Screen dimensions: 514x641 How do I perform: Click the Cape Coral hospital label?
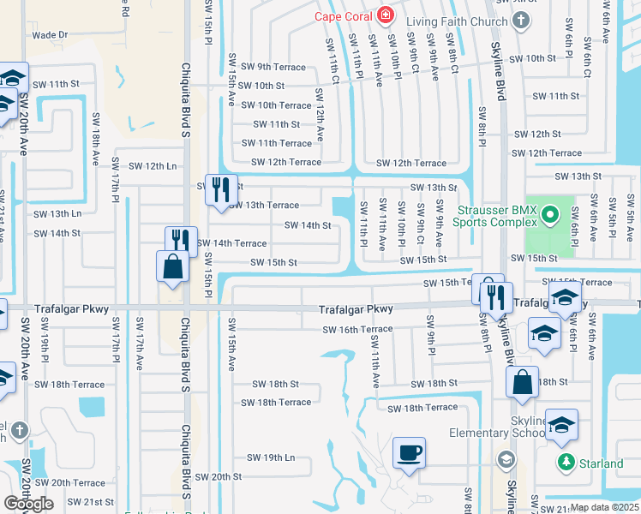(x=343, y=15)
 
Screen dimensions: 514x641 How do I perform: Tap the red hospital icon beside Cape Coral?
(x=385, y=15)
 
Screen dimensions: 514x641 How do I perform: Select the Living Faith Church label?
(x=446, y=22)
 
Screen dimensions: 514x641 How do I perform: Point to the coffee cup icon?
(x=410, y=452)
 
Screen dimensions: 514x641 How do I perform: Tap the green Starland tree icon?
(x=566, y=463)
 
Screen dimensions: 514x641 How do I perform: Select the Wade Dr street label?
(x=49, y=35)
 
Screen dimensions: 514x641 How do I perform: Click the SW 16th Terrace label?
(x=357, y=330)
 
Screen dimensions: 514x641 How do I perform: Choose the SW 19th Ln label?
(x=270, y=457)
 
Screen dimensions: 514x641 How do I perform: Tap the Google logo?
(x=28, y=503)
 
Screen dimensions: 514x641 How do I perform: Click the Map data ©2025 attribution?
(x=605, y=507)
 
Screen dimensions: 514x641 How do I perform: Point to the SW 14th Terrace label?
(x=232, y=243)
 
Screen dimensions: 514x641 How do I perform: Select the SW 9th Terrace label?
(x=273, y=66)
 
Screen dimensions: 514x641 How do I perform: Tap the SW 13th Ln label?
(x=57, y=213)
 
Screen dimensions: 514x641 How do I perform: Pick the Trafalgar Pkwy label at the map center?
(x=356, y=309)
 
